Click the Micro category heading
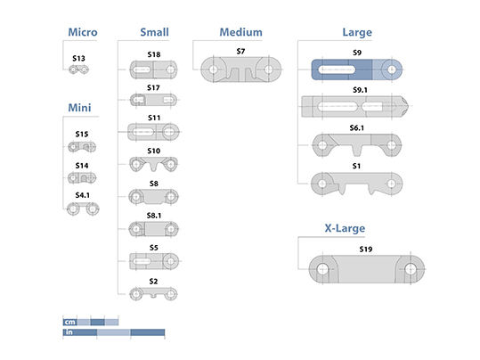[83, 32]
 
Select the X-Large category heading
[345, 228]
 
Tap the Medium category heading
[241, 32]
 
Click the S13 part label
[78, 58]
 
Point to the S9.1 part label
[360, 90]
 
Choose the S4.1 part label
[82, 195]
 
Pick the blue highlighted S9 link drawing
[356, 70]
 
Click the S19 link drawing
[366, 269]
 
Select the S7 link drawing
[241, 70]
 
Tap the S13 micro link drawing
[78, 70]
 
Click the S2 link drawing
[153, 294]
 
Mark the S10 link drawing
[153, 164]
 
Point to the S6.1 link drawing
[356, 145]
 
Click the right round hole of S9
[392, 70]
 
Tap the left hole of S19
[322, 269]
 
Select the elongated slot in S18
[142, 70]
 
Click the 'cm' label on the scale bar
[69, 322]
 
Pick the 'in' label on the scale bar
[69, 332]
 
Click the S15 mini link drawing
[82, 147]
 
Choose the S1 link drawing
[356, 184]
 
